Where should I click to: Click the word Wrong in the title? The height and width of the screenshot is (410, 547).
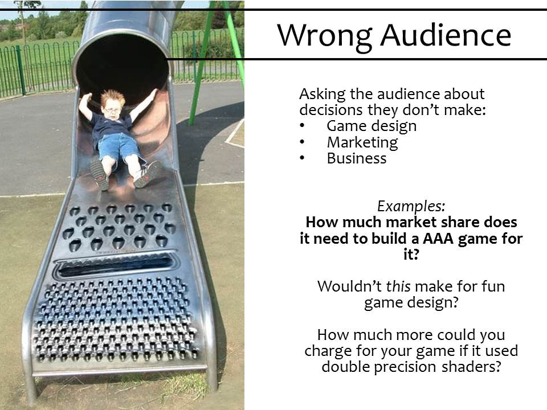(x=324, y=36)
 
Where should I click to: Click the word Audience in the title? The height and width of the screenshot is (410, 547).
(x=446, y=35)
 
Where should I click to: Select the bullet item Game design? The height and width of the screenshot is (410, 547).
(x=371, y=126)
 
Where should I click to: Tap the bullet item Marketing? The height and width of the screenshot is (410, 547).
(x=362, y=142)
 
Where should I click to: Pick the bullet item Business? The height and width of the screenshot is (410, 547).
(x=357, y=158)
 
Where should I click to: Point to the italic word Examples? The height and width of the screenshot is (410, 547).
(x=411, y=206)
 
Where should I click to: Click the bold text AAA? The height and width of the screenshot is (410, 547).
(x=439, y=239)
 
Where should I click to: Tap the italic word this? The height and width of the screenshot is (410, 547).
(x=398, y=286)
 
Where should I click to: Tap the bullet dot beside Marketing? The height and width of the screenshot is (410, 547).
(x=302, y=142)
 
